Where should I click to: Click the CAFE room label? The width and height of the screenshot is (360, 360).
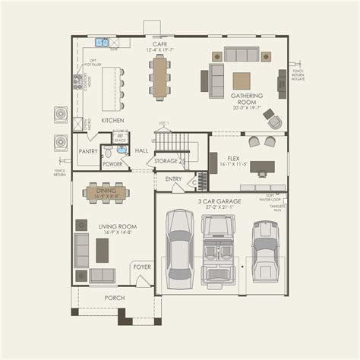tap(159, 44)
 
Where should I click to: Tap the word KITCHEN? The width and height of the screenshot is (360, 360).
tap(112, 120)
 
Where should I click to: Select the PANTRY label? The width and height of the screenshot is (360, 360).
tap(88, 151)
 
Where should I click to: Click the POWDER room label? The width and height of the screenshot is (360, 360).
tap(113, 164)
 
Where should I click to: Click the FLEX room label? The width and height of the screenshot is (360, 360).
tap(234, 160)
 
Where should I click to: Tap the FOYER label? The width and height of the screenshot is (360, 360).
tap(142, 267)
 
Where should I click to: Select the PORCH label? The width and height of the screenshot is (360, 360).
tap(115, 297)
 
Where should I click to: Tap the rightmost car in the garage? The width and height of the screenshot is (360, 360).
tap(267, 248)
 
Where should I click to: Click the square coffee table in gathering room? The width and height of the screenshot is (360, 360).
tap(242, 81)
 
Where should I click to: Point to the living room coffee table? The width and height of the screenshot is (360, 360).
tap(103, 250)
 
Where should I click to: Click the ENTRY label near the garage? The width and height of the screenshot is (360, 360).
tap(173, 178)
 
